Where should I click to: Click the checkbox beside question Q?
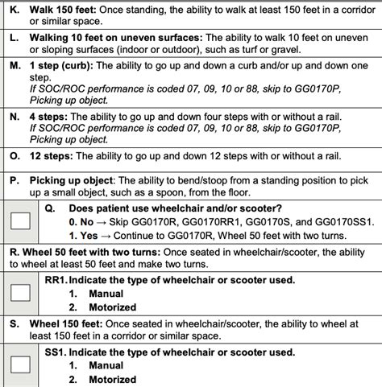(x=22, y=218)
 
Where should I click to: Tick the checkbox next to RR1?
(x=22, y=294)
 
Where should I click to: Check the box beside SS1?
(x=22, y=363)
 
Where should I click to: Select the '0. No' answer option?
(x=82, y=220)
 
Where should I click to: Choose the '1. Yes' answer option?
(x=84, y=234)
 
